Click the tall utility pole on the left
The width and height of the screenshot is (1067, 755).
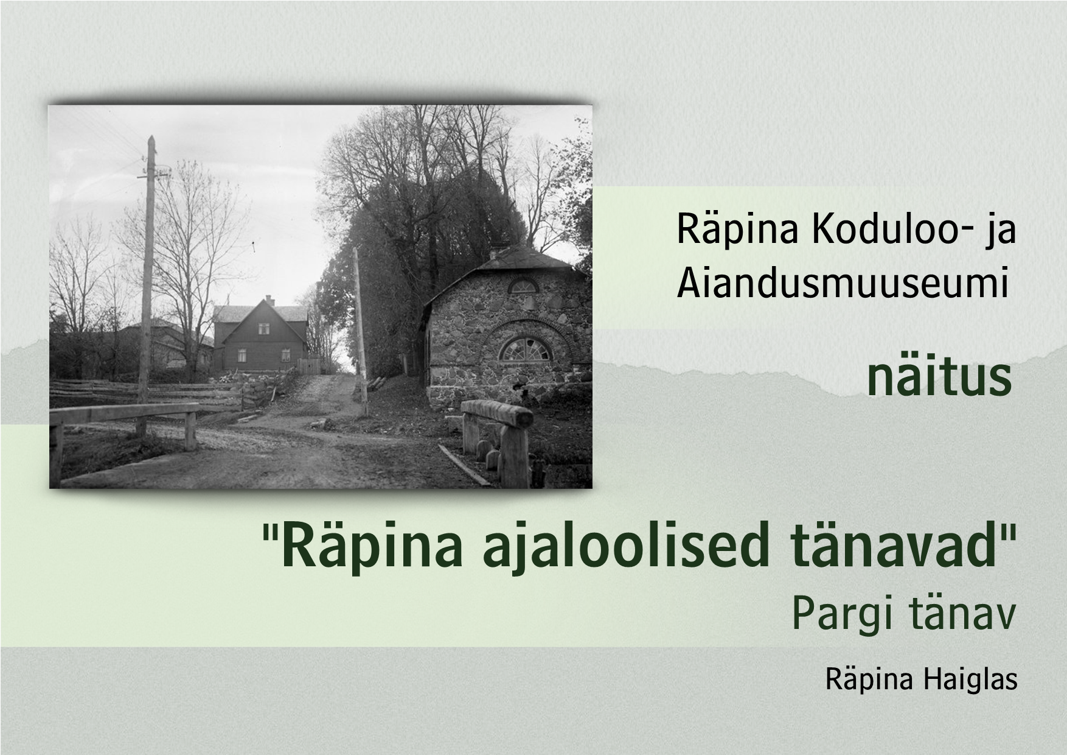(x=147, y=268)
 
